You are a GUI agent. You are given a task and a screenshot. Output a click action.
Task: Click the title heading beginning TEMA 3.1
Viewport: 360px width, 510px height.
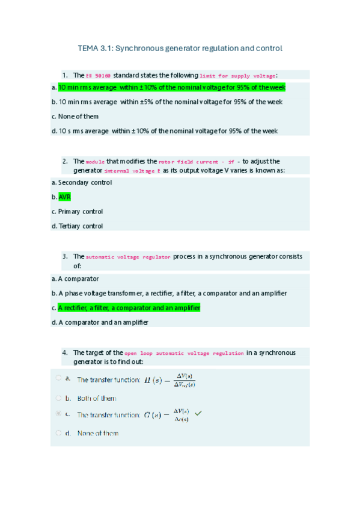[180, 48]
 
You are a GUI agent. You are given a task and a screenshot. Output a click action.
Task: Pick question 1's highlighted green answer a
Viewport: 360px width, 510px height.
[171, 88]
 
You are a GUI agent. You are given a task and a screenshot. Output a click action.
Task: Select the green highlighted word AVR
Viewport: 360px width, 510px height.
[64, 197]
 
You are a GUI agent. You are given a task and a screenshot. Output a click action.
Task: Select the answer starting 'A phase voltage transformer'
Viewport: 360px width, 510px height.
[172, 293]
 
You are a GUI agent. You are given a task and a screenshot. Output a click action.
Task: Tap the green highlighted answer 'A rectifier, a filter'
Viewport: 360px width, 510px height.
[129, 308]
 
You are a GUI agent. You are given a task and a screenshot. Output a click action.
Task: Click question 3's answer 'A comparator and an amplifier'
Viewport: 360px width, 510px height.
[102, 322]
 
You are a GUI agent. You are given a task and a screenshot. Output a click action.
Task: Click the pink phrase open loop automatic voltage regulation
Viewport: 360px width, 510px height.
[185, 354]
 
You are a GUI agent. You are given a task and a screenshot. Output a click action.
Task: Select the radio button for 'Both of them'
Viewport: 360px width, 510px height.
[58, 398]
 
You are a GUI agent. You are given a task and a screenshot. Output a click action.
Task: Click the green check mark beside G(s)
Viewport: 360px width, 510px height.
[199, 414]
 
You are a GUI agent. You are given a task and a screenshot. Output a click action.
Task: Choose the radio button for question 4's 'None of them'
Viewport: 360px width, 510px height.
[58, 433]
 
